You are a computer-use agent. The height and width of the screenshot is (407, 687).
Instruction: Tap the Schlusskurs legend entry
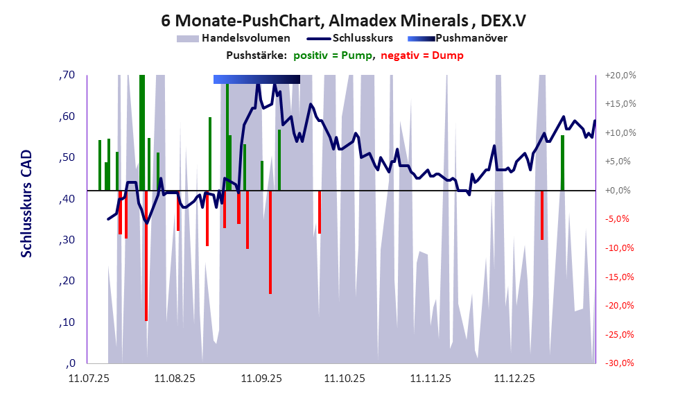tap(363, 38)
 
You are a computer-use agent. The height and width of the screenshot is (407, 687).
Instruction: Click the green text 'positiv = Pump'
tap(331, 55)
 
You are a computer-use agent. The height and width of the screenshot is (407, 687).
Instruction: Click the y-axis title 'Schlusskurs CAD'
tap(26, 204)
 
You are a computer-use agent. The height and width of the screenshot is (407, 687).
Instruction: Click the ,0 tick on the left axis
tap(71, 363)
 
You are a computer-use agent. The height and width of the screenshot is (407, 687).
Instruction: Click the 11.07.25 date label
tap(88, 379)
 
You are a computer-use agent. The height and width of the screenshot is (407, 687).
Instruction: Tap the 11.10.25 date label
tap(345, 379)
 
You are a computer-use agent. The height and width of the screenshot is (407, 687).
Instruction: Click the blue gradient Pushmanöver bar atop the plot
tap(256, 79)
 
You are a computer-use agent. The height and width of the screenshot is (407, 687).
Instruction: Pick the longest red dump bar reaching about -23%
tap(146, 277)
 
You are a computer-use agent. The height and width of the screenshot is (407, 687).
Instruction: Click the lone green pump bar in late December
tap(562, 163)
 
